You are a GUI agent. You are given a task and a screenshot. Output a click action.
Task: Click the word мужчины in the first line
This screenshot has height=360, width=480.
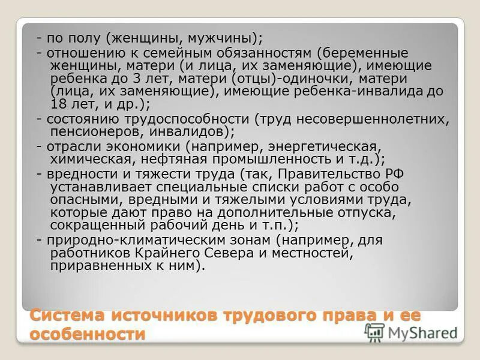tap(228, 38)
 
